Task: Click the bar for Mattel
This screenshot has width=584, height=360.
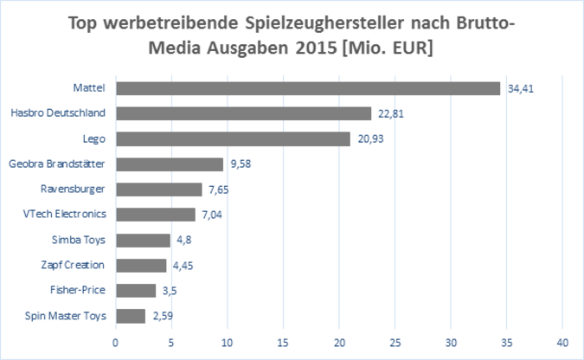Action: tap(308, 88)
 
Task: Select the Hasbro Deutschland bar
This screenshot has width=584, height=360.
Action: tap(243, 113)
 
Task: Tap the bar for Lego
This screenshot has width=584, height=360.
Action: tap(233, 138)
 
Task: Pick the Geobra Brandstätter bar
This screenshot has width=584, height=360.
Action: tap(170, 164)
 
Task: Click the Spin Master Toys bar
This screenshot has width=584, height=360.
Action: tap(131, 316)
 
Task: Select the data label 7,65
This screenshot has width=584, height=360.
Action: tap(219, 190)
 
